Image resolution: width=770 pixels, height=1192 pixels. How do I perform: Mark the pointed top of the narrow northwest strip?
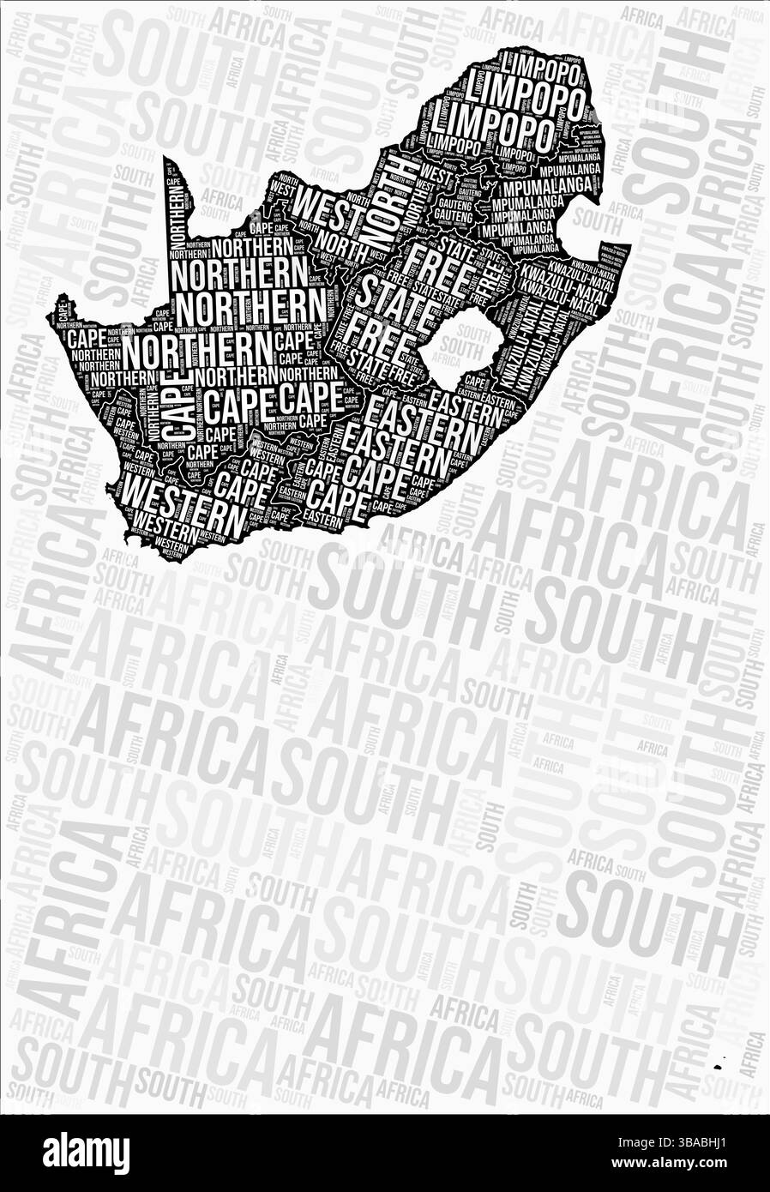(165, 157)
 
